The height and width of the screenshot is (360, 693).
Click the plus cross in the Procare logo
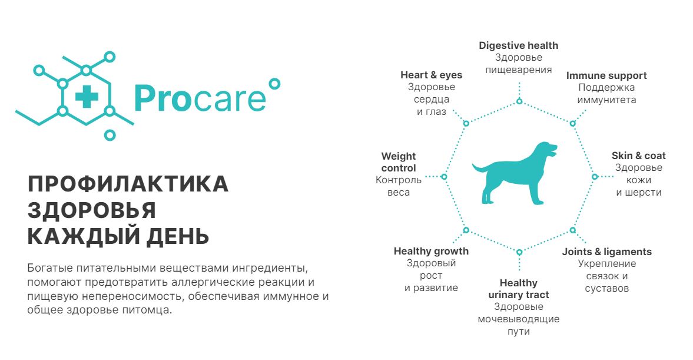pyautogui.click(x=87, y=97)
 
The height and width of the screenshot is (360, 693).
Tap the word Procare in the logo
pyautogui.click(x=200, y=98)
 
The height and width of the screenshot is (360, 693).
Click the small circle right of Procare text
pyautogui.click(x=274, y=84)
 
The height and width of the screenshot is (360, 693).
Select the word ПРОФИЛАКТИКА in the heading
pyautogui.click(x=128, y=184)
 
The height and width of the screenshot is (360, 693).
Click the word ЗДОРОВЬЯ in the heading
pyautogui.click(x=91, y=210)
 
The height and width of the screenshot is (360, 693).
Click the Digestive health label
pyautogui.click(x=518, y=45)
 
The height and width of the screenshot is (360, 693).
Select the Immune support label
pyautogui.click(x=606, y=75)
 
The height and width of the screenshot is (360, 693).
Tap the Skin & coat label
pyautogui.click(x=639, y=156)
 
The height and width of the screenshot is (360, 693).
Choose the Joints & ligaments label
pyautogui.click(x=607, y=252)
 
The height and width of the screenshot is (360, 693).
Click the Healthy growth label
pyautogui.click(x=431, y=251)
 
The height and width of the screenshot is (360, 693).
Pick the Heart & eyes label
pyautogui.click(x=432, y=75)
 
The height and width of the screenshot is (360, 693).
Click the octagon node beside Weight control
pyautogui.click(x=444, y=177)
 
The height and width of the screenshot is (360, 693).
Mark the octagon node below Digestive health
pyautogui.click(x=519, y=101)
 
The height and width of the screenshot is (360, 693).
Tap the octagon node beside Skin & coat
pyautogui.click(x=595, y=177)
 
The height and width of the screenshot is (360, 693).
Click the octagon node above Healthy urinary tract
pyautogui.click(x=519, y=252)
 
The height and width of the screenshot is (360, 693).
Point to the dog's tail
pyautogui.click(x=479, y=169)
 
